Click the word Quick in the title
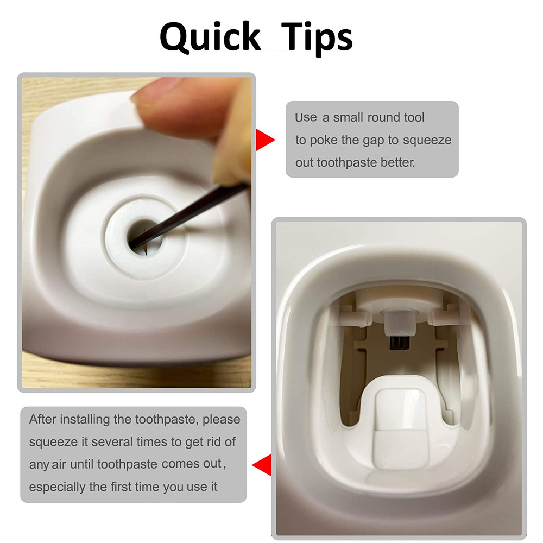(210, 38)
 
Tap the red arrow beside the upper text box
(264, 140)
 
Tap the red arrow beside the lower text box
(263, 466)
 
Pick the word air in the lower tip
(59, 465)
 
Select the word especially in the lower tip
(58, 487)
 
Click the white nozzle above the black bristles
(399, 322)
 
